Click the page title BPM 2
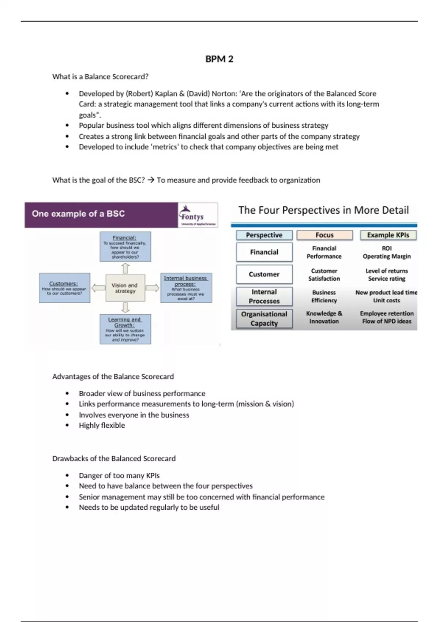[x=219, y=59]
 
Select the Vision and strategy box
[x=125, y=288]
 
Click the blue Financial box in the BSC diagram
[x=125, y=247]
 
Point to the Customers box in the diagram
[x=64, y=288]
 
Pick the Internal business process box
[x=186, y=288]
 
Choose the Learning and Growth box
[x=125, y=329]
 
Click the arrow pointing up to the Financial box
[x=125, y=268]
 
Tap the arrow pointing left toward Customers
[x=98, y=288]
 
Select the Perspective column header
[x=264, y=235]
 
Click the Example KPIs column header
[x=388, y=235]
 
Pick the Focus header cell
[x=324, y=235]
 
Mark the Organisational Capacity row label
[x=264, y=319]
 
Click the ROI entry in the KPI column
[x=387, y=248]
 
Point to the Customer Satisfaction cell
[x=324, y=275]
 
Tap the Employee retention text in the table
[x=387, y=314]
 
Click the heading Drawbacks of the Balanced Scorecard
[x=114, y=458]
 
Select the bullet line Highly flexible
[x=102, y=425]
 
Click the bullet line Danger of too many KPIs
[x=119, y=475]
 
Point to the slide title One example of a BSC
[x=78, y=214]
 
